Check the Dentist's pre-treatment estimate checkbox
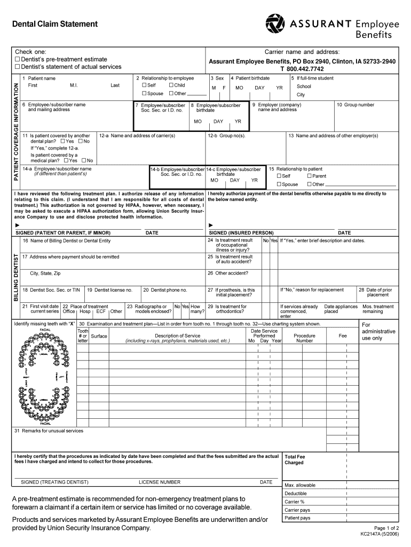18,59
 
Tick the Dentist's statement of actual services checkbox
18,67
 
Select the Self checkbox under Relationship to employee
144,85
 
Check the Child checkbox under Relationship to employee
171,85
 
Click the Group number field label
355,105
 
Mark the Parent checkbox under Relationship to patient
309,176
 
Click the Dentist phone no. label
165,290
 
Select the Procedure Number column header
305,338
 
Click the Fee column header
343,335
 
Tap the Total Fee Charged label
294,460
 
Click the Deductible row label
296,494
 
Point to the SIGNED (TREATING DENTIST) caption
54,482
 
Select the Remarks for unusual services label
49,431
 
